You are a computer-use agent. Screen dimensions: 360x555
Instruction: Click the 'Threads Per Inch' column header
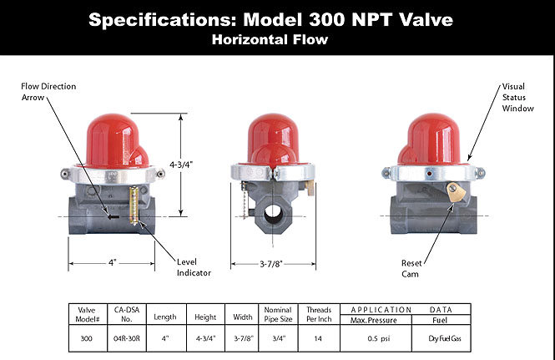[319, 313]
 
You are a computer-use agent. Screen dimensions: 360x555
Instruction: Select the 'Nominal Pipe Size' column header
[277, 313]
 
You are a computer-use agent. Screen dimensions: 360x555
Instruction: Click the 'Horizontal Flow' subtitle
[276, 38]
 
